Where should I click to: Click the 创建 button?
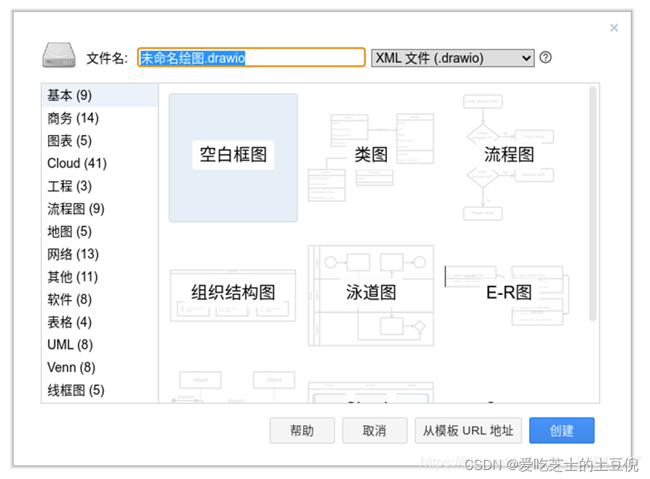(561, 430)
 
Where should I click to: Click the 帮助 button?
(301, 430)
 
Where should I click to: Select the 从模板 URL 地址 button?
(467, 430)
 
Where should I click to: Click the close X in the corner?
(614, 28)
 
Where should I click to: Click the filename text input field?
(251, 58)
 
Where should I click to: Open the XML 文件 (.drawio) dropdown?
(452, 58)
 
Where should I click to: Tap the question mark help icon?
(546, 57)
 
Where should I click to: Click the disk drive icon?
(59, 56)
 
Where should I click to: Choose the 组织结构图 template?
(233, 293)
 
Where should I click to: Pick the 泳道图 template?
(371, 293)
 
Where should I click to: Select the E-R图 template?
(509, 293)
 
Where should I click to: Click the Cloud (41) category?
(77, 163)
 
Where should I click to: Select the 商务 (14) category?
(73, 118)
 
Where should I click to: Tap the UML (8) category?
(70, 345)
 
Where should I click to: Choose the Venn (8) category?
(71, 367)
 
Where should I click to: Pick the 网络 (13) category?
(73, 254)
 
